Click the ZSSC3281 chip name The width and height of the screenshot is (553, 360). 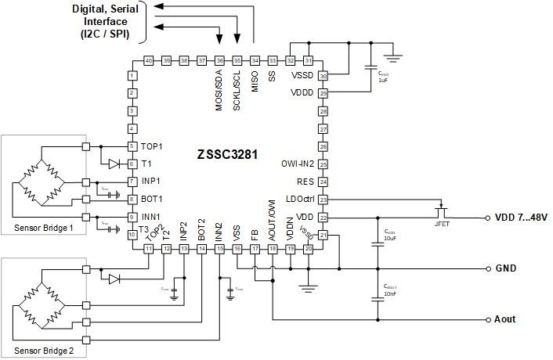pos(227,155)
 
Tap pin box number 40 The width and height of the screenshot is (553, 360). pos(149,60)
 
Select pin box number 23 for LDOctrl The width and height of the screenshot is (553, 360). pos(323,200)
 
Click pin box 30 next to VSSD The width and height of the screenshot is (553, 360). pos(323,76)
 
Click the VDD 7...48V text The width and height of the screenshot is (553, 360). pos(522,217)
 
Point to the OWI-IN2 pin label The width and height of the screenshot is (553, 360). pos(297,164)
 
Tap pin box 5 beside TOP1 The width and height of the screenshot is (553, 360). pos(132,146)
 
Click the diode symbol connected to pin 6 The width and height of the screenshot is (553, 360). pos(114,164)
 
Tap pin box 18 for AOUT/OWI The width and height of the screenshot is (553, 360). pos(273,249)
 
